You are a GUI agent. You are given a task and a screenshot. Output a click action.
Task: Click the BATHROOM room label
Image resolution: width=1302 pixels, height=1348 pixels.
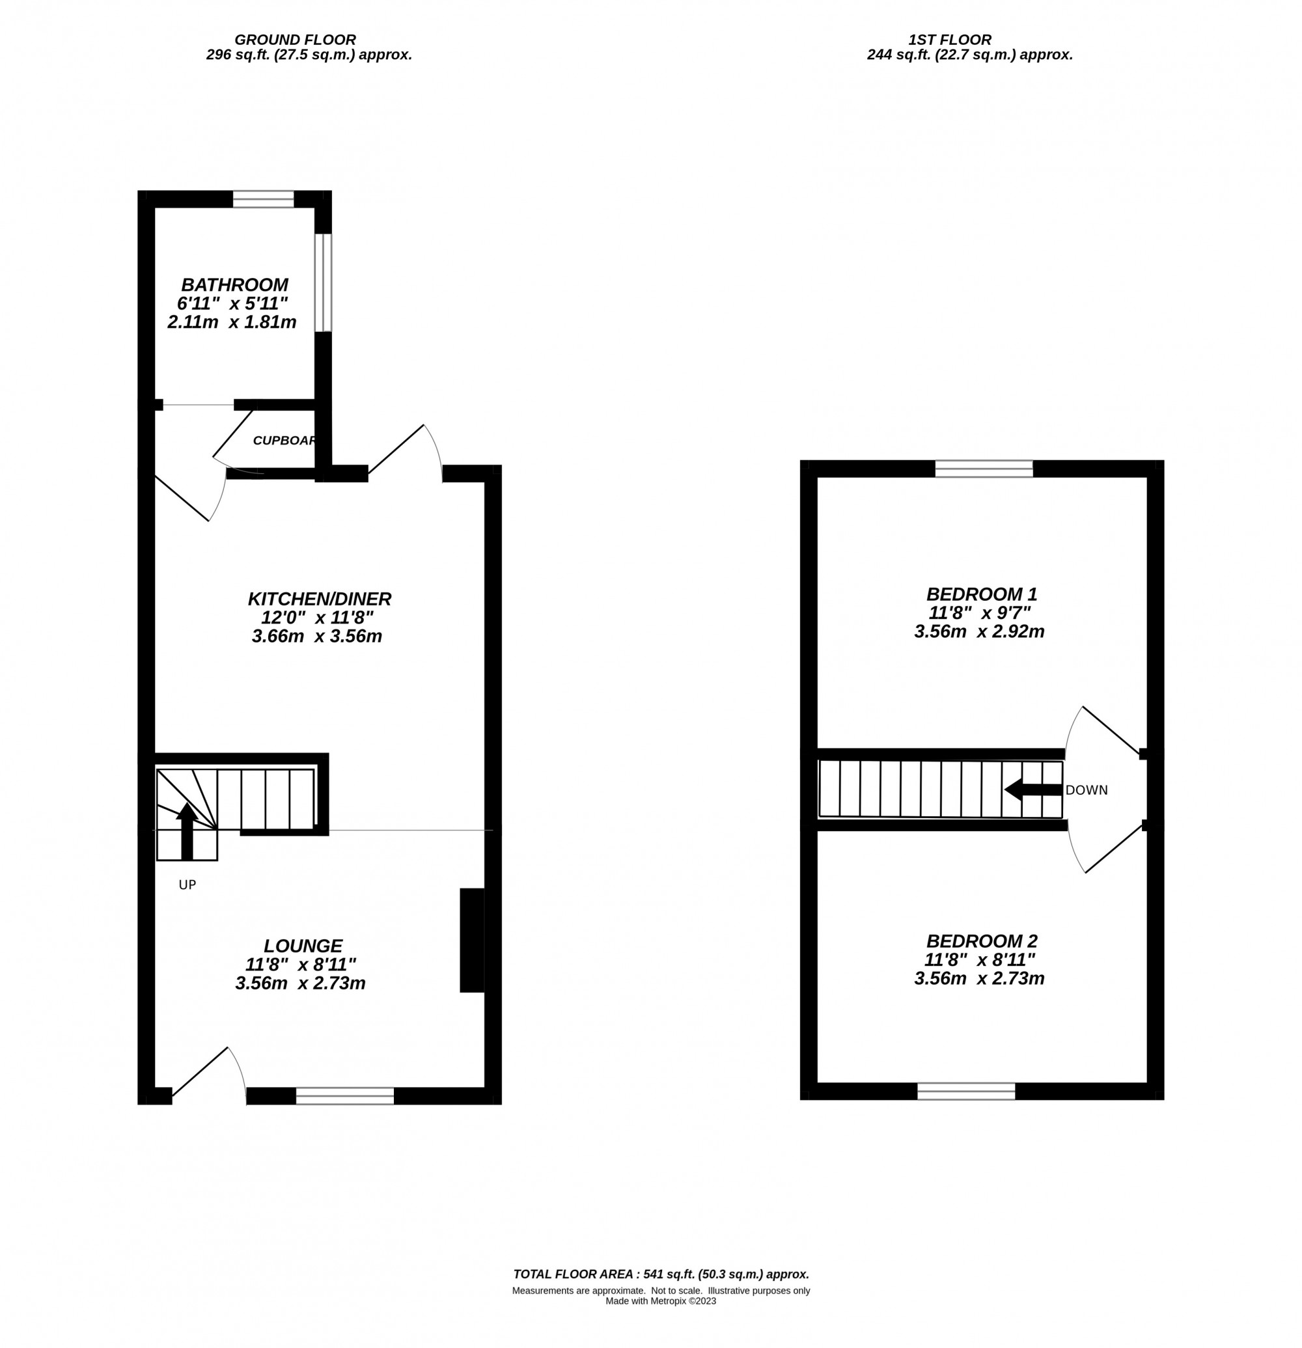(x=234, y=284)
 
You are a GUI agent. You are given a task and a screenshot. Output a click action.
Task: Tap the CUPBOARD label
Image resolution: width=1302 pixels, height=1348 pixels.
(x=284, y=441)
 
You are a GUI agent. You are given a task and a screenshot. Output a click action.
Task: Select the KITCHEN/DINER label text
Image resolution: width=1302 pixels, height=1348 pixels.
(x=319, y=599)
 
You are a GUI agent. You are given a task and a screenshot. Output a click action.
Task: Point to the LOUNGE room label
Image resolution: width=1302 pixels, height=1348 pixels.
(x=303, y=946)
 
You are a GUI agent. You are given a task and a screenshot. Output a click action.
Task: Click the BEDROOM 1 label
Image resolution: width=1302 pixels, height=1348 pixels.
(x=981, y=594)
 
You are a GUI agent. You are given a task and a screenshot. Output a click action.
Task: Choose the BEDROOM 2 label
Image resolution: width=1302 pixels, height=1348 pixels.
(x=981, y=941)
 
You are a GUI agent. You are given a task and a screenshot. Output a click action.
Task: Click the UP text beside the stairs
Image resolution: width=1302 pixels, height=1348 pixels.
(x=187, y=885)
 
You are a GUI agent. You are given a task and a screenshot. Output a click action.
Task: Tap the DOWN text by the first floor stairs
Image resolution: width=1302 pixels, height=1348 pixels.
(x=1086, y=790)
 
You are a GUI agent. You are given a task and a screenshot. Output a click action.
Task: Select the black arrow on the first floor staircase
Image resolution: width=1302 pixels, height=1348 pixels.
(x=1032, y=790)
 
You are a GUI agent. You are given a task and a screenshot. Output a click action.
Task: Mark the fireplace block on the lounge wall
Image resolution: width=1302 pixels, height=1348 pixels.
(x=471, y=940)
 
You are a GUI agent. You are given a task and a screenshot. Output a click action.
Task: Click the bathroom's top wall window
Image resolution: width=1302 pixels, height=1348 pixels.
(x=263, y=199)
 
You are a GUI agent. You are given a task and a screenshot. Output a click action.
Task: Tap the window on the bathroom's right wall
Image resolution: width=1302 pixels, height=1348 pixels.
(x=324, y=282)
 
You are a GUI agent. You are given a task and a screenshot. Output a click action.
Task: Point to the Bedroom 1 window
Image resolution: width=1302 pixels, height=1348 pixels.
(x=984, y=469)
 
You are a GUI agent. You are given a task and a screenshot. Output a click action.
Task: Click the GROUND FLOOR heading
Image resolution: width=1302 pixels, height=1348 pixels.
(x=295, y=40)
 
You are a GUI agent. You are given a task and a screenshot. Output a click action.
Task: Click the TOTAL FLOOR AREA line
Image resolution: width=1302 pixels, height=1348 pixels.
(x=660, y=1274)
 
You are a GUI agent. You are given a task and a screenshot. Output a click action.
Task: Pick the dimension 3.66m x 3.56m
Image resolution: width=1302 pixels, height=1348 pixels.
(x=316, y=636)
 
